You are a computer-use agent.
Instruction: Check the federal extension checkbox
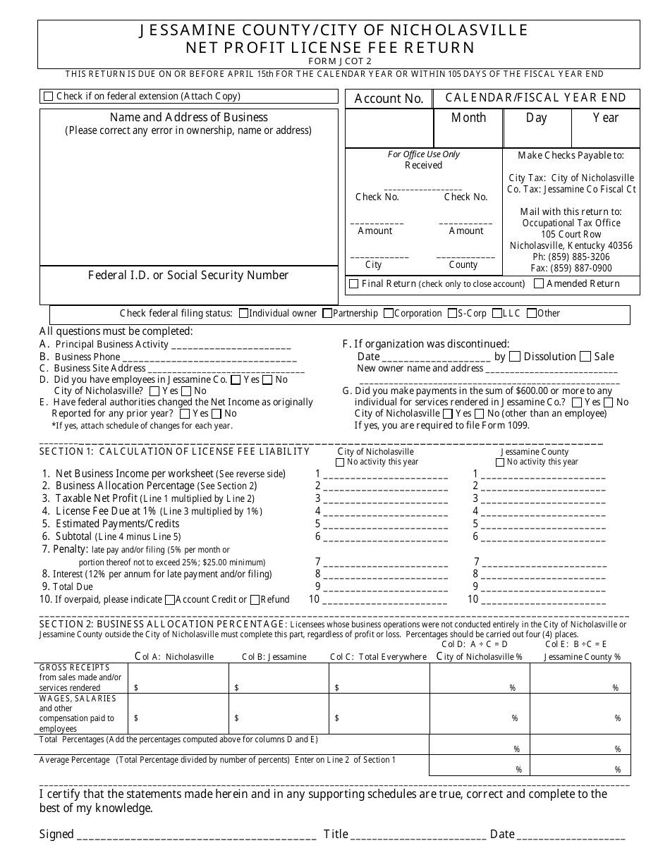click(x=48, y=97)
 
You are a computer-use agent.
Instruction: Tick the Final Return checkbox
click(x=354, y=284)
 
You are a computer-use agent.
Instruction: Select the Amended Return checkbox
click(x=539, y=284)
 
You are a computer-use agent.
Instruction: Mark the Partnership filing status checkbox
click(x=327, y=314)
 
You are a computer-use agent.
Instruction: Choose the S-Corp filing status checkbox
click(x=451, y=314)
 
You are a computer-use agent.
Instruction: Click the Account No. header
click(x=389, y=99)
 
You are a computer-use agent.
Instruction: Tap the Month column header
click(x=468, y=118)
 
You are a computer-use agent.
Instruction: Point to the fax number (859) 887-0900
click(x=571, y=268)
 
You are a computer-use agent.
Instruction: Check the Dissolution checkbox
click(x=515, y=357)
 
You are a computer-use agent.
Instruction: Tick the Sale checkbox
click(x=585, y=357)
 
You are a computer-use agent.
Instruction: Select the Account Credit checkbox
click(x=169, y=600)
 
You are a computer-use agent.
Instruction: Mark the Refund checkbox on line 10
click(x=255, y=600)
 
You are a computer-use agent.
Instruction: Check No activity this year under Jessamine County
click(x=500, y=462)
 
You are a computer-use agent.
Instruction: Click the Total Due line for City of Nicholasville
click(x=385, y=586)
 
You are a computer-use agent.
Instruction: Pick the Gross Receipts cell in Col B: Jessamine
click(x=279, y=679)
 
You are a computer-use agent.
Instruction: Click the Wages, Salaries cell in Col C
click(x=379, y=713)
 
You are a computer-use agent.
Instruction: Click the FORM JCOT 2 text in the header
click(x=339, y=61)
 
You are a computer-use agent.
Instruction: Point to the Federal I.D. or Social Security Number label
click(x=188, y=276)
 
